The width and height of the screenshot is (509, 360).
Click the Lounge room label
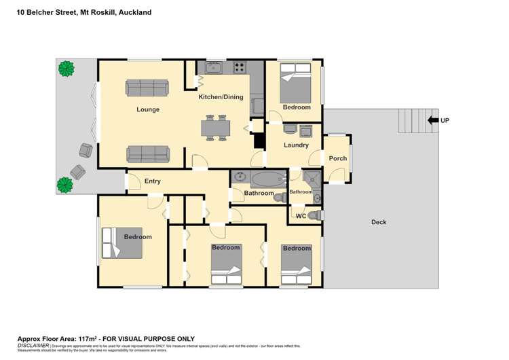point(147,109)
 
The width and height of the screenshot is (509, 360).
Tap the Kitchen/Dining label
point(220,97)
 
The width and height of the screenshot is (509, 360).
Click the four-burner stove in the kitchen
point(240,67)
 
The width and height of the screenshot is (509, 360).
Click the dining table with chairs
point(216,128)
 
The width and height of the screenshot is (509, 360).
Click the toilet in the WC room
point(314,215)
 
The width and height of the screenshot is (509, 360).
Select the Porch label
point(337,158)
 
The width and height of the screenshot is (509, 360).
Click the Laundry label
point(296,145)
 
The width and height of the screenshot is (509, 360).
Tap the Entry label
point(153,181)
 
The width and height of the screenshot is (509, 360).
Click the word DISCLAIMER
point(33,346)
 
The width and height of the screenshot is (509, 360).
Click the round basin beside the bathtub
point(240,179)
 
